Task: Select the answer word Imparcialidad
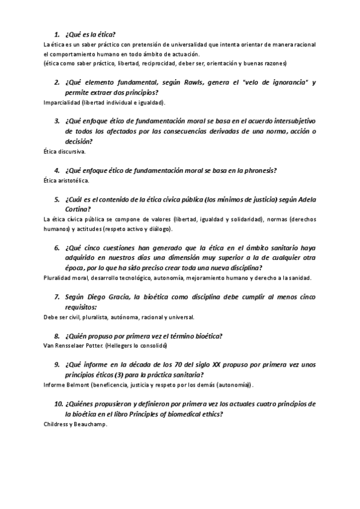(x=62, y=103)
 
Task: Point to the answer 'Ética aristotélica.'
(x=67, y=180)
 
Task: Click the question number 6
(x=57, y=248)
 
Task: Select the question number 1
(x=57, y=34)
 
